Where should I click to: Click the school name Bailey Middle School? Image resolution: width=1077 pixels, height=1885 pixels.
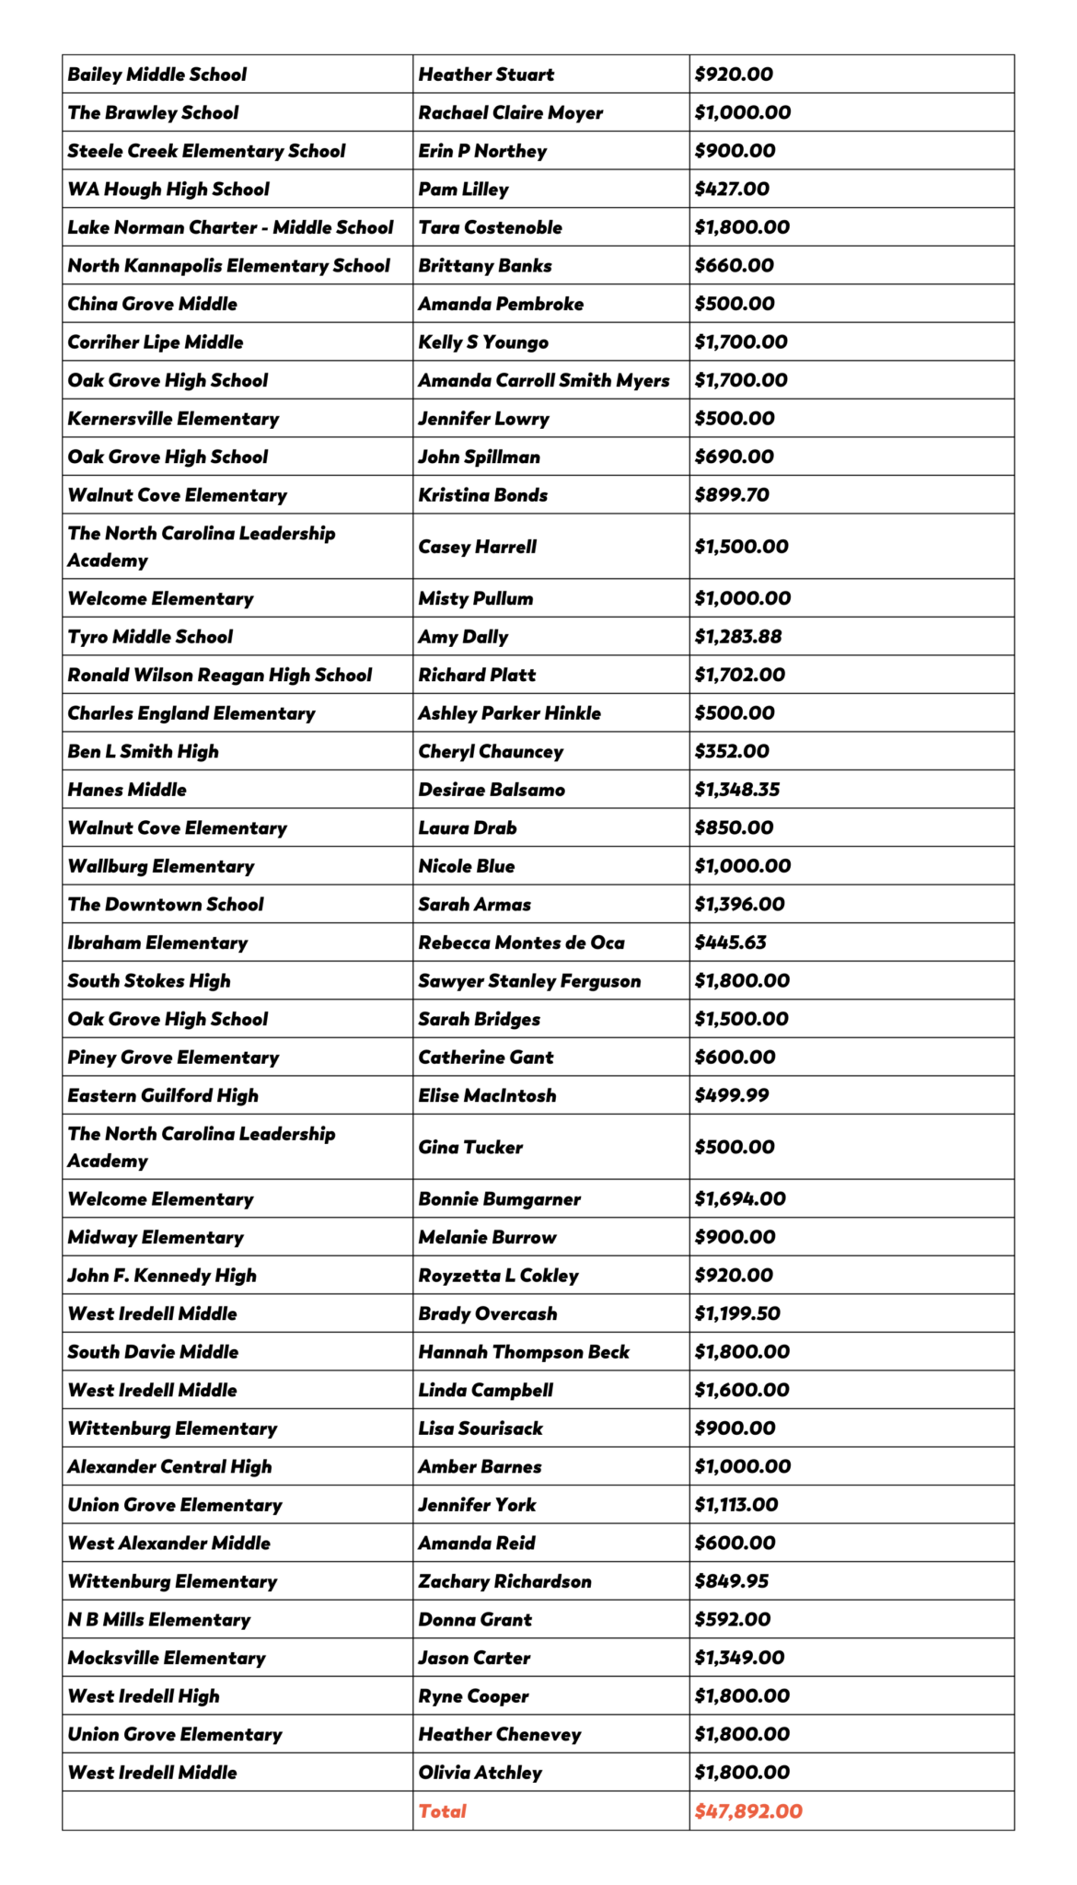[157, 75]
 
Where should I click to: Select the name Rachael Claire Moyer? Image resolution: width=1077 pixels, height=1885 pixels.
[511, 113]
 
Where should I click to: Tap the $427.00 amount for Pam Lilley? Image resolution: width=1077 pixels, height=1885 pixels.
[732, 190]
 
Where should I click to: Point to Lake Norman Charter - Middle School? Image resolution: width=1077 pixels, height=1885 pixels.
[230, 227]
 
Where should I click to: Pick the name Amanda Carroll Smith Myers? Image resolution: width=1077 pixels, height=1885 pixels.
[544, 380]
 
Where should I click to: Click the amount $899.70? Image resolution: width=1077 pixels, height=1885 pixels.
[732, 495]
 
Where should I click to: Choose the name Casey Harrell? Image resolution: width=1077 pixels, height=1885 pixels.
[477, 547]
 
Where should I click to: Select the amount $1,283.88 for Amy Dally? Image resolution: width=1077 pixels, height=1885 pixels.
[738, 637]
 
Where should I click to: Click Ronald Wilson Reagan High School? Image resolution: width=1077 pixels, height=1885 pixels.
[220, 675]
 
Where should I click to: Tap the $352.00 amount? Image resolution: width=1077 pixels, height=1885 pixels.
[732, 751]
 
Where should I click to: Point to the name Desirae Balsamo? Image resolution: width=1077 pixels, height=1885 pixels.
[492, 790]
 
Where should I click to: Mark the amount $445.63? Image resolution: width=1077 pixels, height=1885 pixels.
[731, 942]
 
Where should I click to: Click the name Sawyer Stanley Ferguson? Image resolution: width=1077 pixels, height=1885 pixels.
[529, 981]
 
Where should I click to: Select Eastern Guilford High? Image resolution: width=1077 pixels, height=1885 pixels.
[163, 1095]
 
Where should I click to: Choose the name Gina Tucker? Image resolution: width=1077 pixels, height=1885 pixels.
[470, 1147]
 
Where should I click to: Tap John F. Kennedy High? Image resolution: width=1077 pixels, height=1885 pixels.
[162, 1276]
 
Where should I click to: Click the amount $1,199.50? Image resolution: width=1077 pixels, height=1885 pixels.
[737, 1313]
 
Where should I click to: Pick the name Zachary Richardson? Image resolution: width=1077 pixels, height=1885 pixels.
[504, 1581]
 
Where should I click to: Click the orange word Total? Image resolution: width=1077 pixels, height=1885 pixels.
[442, 1811]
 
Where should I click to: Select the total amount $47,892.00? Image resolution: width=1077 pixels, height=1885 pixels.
[748, 1811]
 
